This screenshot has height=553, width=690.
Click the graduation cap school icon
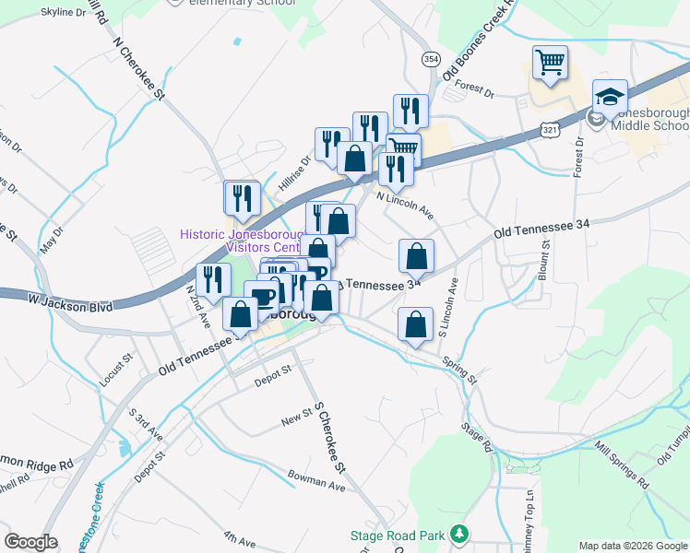tap(610, 97)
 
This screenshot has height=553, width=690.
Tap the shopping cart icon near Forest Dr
tap(550, 63)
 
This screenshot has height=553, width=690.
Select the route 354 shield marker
tap(431, 58)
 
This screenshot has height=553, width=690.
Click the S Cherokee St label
tap(329, 437)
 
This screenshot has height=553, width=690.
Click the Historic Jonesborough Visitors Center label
tap(241, 241)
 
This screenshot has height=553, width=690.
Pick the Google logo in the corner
tap(30, 542)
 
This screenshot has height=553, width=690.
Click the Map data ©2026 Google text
tap(632, 546)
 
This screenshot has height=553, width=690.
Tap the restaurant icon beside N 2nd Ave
tap(213, 280)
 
